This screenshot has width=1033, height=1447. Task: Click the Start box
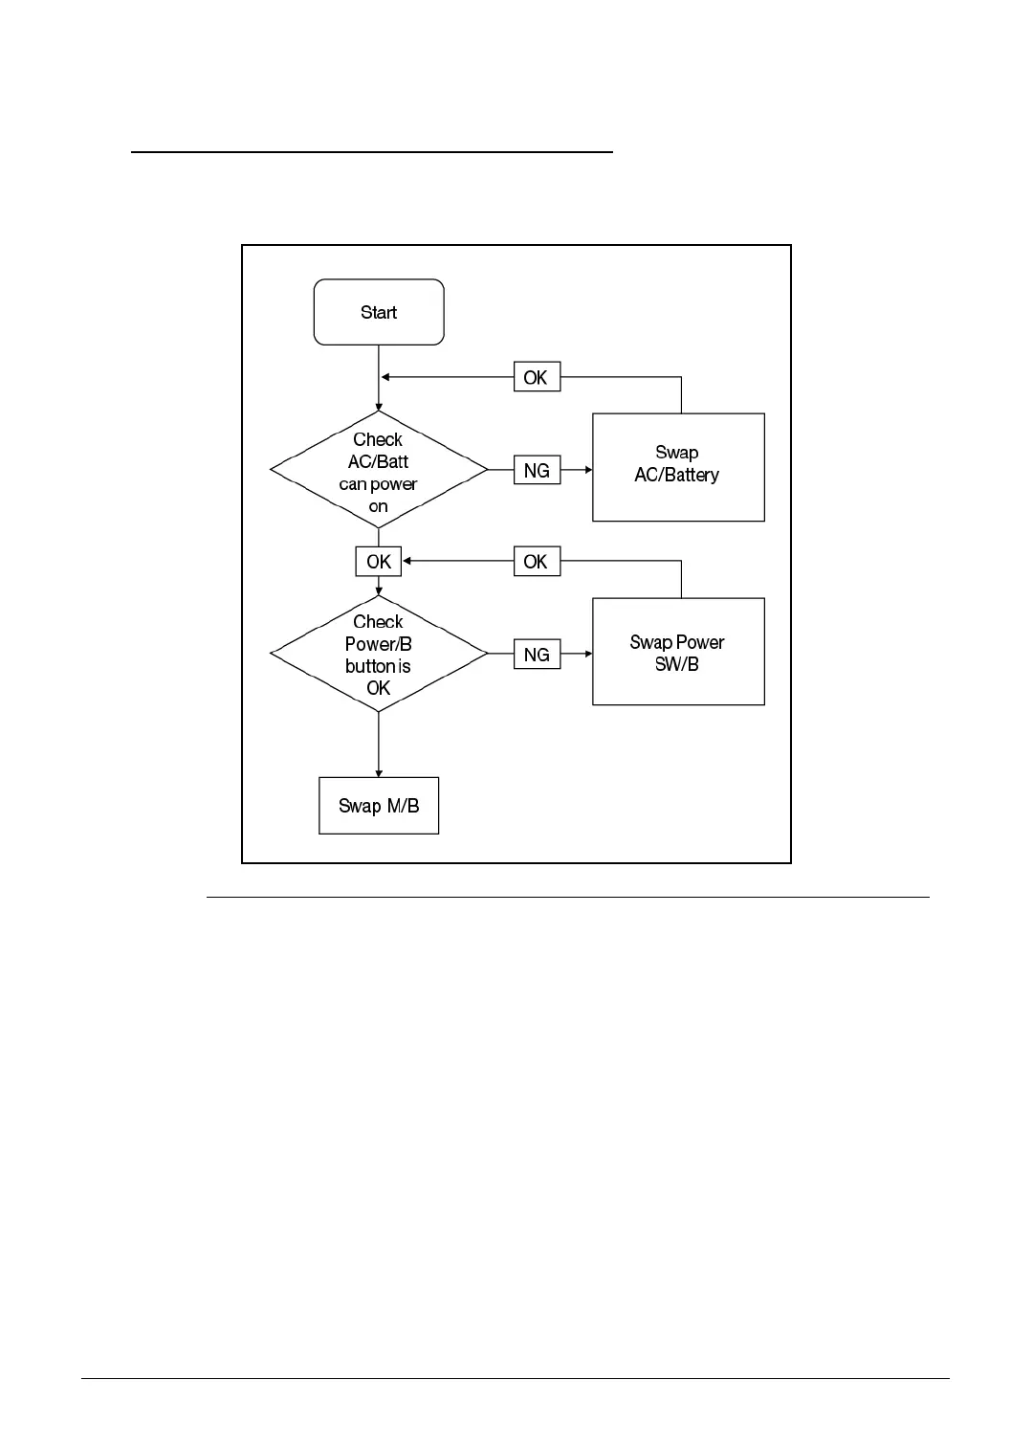[x=379, y=312]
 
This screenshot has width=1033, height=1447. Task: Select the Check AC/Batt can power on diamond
[x=379, y=470]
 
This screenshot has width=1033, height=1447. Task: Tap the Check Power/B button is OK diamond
[x=379, y=654]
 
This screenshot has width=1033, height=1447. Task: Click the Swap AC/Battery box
[x=678, y=467]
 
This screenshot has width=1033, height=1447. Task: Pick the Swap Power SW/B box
[x=678, y=652]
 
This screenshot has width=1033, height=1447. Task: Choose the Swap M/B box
[x=379, y=806]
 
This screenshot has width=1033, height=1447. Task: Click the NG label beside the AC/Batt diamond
[x=537, y=470]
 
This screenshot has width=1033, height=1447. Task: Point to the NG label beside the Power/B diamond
[x=537, y=655]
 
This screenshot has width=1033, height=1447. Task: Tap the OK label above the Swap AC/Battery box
[x=536, y=377]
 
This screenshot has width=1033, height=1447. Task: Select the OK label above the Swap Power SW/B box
[x=536, y=562]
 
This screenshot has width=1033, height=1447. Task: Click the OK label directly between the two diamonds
[x=379, y=562]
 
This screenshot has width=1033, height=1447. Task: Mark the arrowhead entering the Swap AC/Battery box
[x=587, y=470]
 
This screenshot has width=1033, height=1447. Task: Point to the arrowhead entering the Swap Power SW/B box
[x=587, y=655]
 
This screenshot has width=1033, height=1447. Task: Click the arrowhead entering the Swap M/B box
[x=379, y=772]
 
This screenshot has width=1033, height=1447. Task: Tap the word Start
[x=379, y=312]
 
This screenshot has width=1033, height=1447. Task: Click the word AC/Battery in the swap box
[x=677, y=476]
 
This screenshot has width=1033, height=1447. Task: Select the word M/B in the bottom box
[x=403, y=806]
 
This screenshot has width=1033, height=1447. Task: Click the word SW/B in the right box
[x=677, y=664]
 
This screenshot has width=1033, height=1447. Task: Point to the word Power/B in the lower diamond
[x=379, y=644]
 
